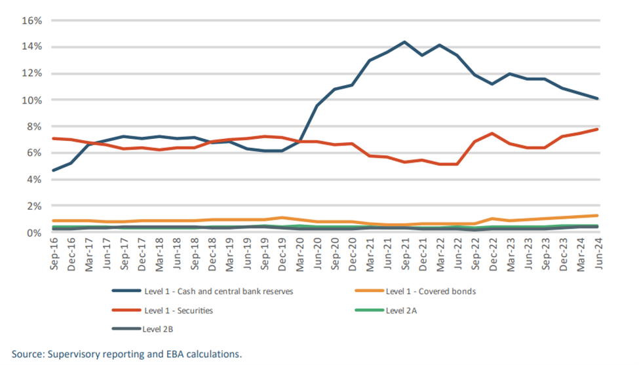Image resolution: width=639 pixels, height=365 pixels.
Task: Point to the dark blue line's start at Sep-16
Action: (54, 170)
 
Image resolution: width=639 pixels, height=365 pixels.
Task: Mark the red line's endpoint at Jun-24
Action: (598, 129)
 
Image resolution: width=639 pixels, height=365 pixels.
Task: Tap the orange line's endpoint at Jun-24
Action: (598, 216)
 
